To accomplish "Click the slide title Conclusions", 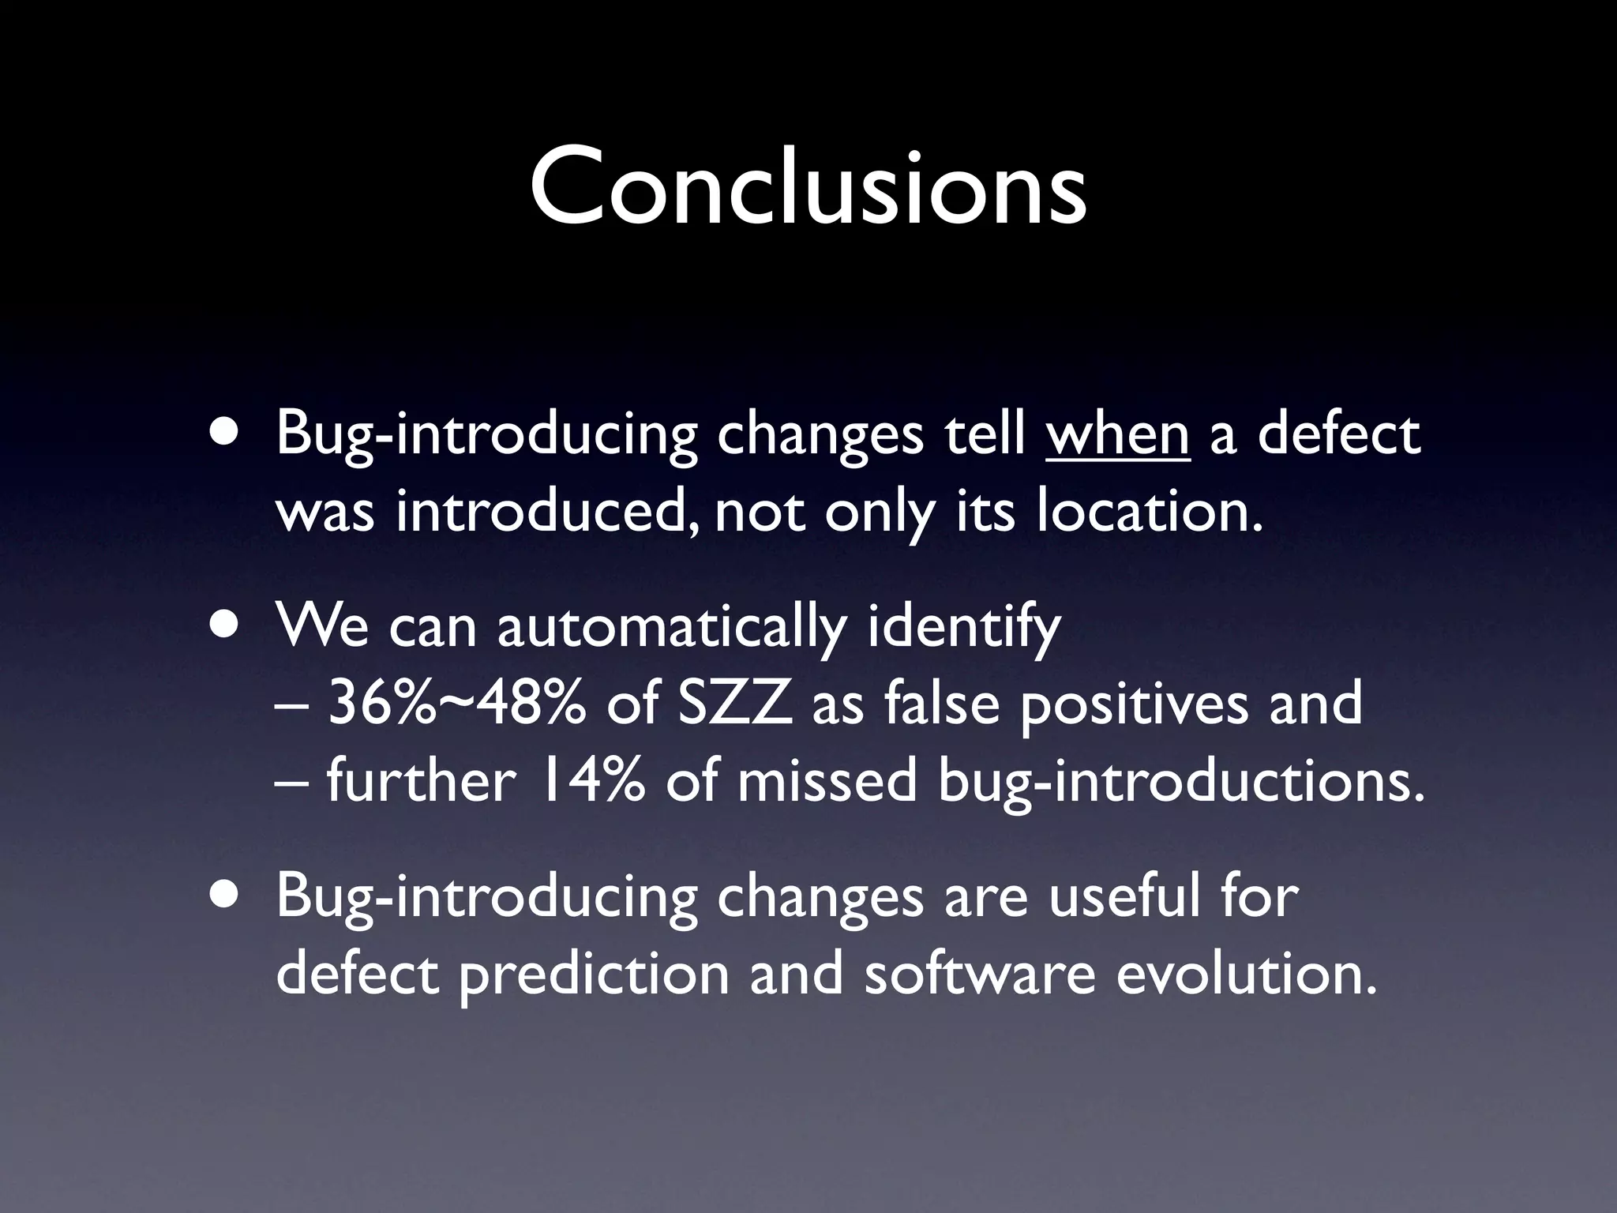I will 808,188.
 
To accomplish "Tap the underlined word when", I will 1117,435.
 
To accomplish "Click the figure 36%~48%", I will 456,704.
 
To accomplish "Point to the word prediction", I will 594,974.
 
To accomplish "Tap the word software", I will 980,974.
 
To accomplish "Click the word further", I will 421,781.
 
